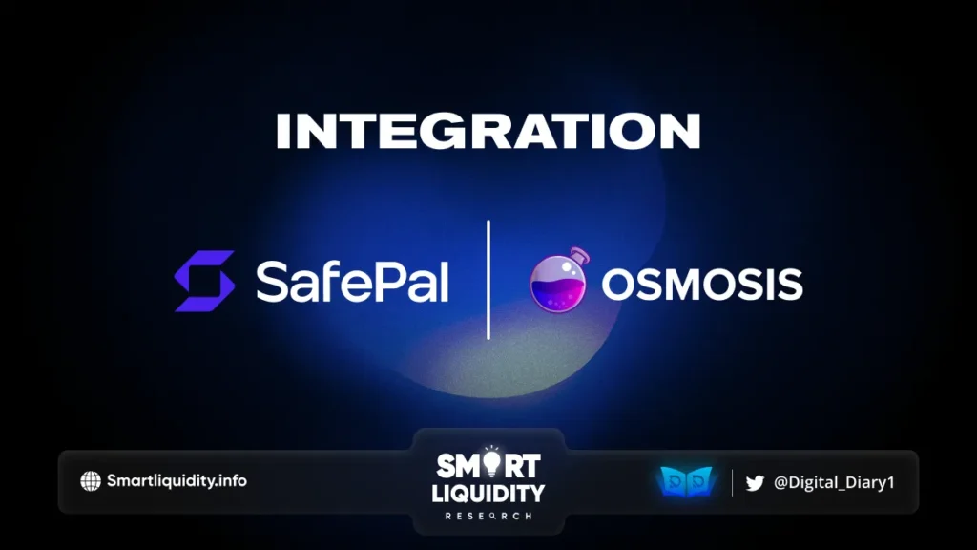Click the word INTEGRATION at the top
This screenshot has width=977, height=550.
pyautogui.click(x=488, y=131)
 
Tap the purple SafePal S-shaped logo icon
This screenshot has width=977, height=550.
pyautogui.click(x=204, y=281)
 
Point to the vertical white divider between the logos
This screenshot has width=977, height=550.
pyautogui.click(x=488, y=280)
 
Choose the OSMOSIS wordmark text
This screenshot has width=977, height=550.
pyautogui.click(x=701, y=284)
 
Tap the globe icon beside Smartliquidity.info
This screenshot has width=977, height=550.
pyautogui.click(x=91, y=481)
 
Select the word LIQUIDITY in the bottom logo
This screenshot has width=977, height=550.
pyautogui.click(x=488, y=494)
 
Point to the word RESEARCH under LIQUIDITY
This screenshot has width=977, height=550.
pyautogui.click(x=488, y=516)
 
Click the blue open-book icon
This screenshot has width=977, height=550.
pyautogui.click(x=686, y=482)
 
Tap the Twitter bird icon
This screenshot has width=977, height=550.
pyautogui.click(x=755, y=482)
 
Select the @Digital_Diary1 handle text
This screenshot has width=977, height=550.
pyautogui.click(x=832, y=482)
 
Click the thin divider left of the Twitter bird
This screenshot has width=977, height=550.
pyautogui.click(x=732, y=482)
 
